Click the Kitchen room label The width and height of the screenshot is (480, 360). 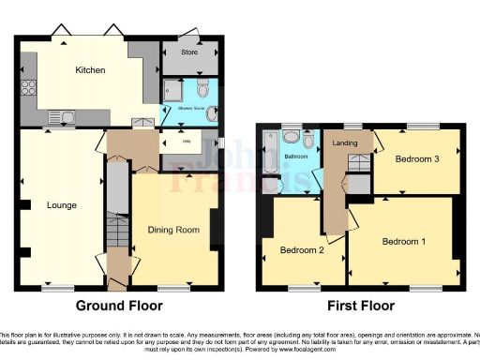(90, 70)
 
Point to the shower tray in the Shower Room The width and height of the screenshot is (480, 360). (173, 91)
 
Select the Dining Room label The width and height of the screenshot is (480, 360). (174, 229)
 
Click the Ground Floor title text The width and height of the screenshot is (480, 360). (118, 306)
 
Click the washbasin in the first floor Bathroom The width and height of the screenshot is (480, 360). (290, 137)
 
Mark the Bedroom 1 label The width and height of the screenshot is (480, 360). (403, 241)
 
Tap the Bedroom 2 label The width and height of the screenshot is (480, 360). (302, 249)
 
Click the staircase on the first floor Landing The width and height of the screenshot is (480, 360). (357, 164)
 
